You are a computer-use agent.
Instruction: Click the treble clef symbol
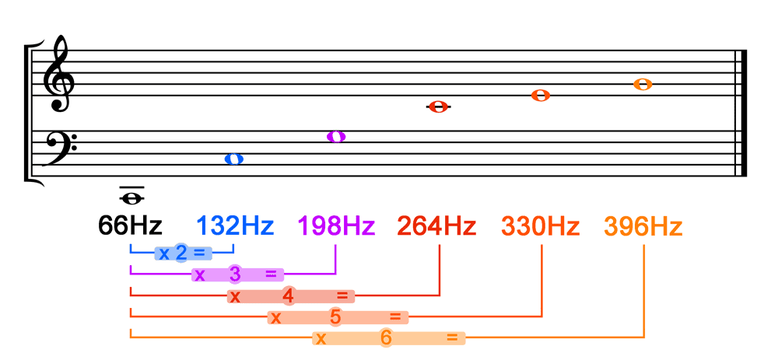(x=58, y=75)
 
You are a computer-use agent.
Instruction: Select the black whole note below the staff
(x=132, y=198)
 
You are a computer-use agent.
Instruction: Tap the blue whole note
(x=233, y=159)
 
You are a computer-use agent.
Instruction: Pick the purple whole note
(x=336, y=136)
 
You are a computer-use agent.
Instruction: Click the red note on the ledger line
(x=439, y=107)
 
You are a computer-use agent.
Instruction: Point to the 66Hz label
(x=130, y=225)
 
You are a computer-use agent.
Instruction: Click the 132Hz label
(x=235, y=225)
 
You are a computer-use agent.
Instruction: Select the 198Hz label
(x=336, y=225)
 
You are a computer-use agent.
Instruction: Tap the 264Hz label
(x=436, y=225)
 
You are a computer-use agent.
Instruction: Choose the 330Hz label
(x=541, y=225)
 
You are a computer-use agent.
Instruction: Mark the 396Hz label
(x=643, y=225)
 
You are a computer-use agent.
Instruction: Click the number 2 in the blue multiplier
(x=181, y=253)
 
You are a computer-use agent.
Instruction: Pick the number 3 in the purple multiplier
(x=235, y=274)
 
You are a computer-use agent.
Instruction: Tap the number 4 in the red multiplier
(x=289, y=296)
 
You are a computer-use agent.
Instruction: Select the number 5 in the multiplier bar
(x=336, y=317)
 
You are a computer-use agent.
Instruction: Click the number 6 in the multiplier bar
(x=387, y=338)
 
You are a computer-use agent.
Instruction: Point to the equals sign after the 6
(x=452, y=337)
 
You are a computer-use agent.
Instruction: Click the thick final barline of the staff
(x=743, y=113)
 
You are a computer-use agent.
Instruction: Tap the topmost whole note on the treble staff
(x=643, y=84)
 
